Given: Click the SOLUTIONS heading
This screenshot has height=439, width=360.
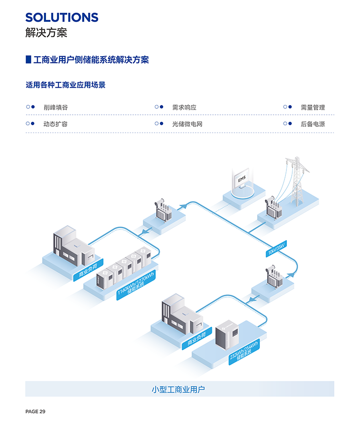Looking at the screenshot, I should [x=61, y=17].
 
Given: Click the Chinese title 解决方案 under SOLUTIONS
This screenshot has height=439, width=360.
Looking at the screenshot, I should [x=46, y=33].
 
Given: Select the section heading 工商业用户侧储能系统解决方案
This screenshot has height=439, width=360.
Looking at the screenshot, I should [x=91, y=60].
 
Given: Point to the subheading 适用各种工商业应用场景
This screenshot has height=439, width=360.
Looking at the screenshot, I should [x=65, y=85].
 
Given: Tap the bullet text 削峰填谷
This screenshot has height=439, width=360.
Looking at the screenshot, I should [x=56, y=107].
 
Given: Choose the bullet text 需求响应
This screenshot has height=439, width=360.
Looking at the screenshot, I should [x=184, y=107].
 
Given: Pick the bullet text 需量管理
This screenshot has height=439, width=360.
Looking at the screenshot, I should [x=313, y=107].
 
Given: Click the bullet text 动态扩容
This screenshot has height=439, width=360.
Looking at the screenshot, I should [x=56, y=124].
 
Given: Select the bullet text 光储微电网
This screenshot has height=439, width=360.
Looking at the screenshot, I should [x=187, y=124].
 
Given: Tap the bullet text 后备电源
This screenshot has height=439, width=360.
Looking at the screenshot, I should [x=313, y=124].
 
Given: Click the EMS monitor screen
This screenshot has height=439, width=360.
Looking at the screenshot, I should [x=241, y=180].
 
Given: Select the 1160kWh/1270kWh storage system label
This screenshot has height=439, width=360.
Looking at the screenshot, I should [x=136, y=286].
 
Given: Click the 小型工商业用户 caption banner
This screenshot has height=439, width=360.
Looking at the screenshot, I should [x=180, y=389].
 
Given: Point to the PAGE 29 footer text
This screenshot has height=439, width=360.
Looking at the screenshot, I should [x=35, y=411].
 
